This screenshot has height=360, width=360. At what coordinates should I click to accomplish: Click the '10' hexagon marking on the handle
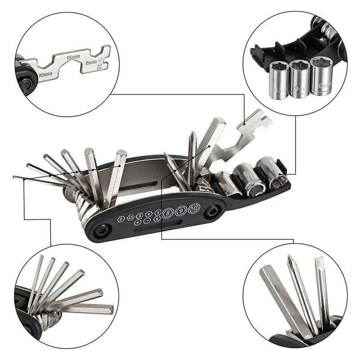(193, 209)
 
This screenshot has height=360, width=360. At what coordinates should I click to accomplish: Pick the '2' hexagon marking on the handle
(122, 219)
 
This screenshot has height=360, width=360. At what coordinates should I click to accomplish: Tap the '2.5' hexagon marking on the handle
(131, 218)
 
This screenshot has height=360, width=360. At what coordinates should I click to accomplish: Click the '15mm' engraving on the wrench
(72, 58)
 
